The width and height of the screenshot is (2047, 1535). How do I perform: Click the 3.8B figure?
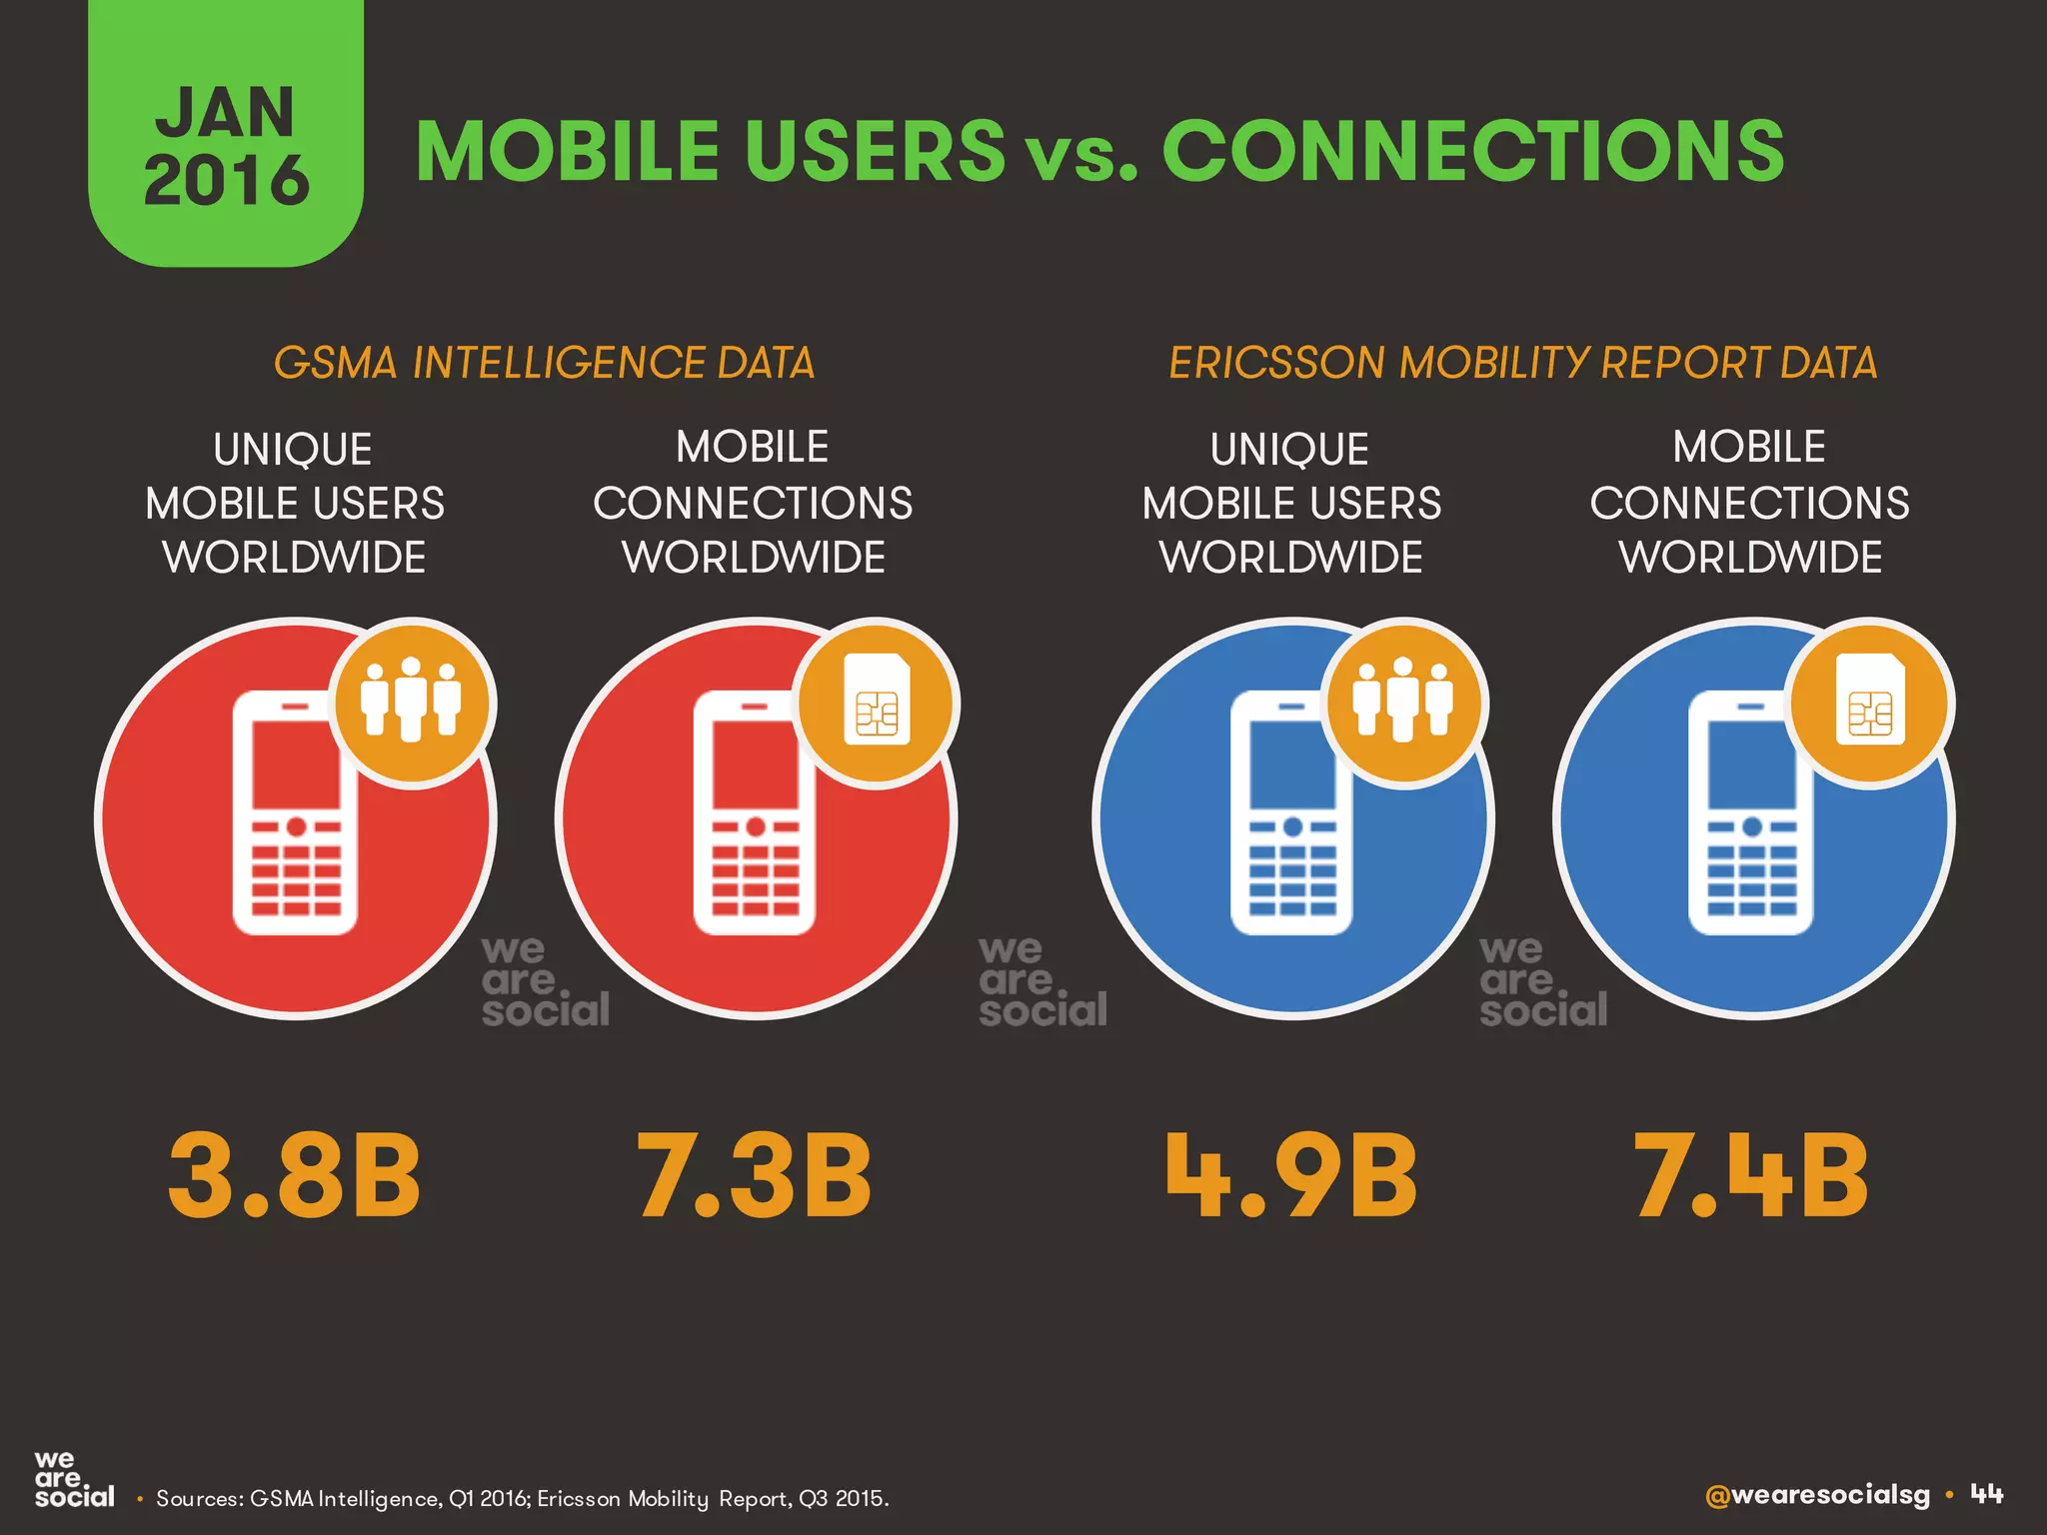point(295,1176)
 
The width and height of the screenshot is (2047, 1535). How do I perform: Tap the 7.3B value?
point(755,1176)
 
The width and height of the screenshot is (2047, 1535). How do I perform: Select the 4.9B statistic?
point(1291,1176)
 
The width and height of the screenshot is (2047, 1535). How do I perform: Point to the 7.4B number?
point(1750,1176)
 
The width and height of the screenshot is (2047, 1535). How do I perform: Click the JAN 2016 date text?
point(226,145)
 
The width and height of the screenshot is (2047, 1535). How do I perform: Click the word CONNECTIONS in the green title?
point(1472,151)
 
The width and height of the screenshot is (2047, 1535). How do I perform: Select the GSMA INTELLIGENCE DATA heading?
point(545,363)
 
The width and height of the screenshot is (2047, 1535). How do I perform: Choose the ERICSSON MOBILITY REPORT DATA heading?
point(1523,363)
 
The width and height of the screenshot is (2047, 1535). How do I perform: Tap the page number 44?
point(1987,1495)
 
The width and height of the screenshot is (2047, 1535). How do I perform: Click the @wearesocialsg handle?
point(1817,1495)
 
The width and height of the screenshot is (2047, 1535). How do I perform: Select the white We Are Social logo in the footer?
point(73,1481)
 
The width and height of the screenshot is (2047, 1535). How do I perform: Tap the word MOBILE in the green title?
point(567,151)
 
